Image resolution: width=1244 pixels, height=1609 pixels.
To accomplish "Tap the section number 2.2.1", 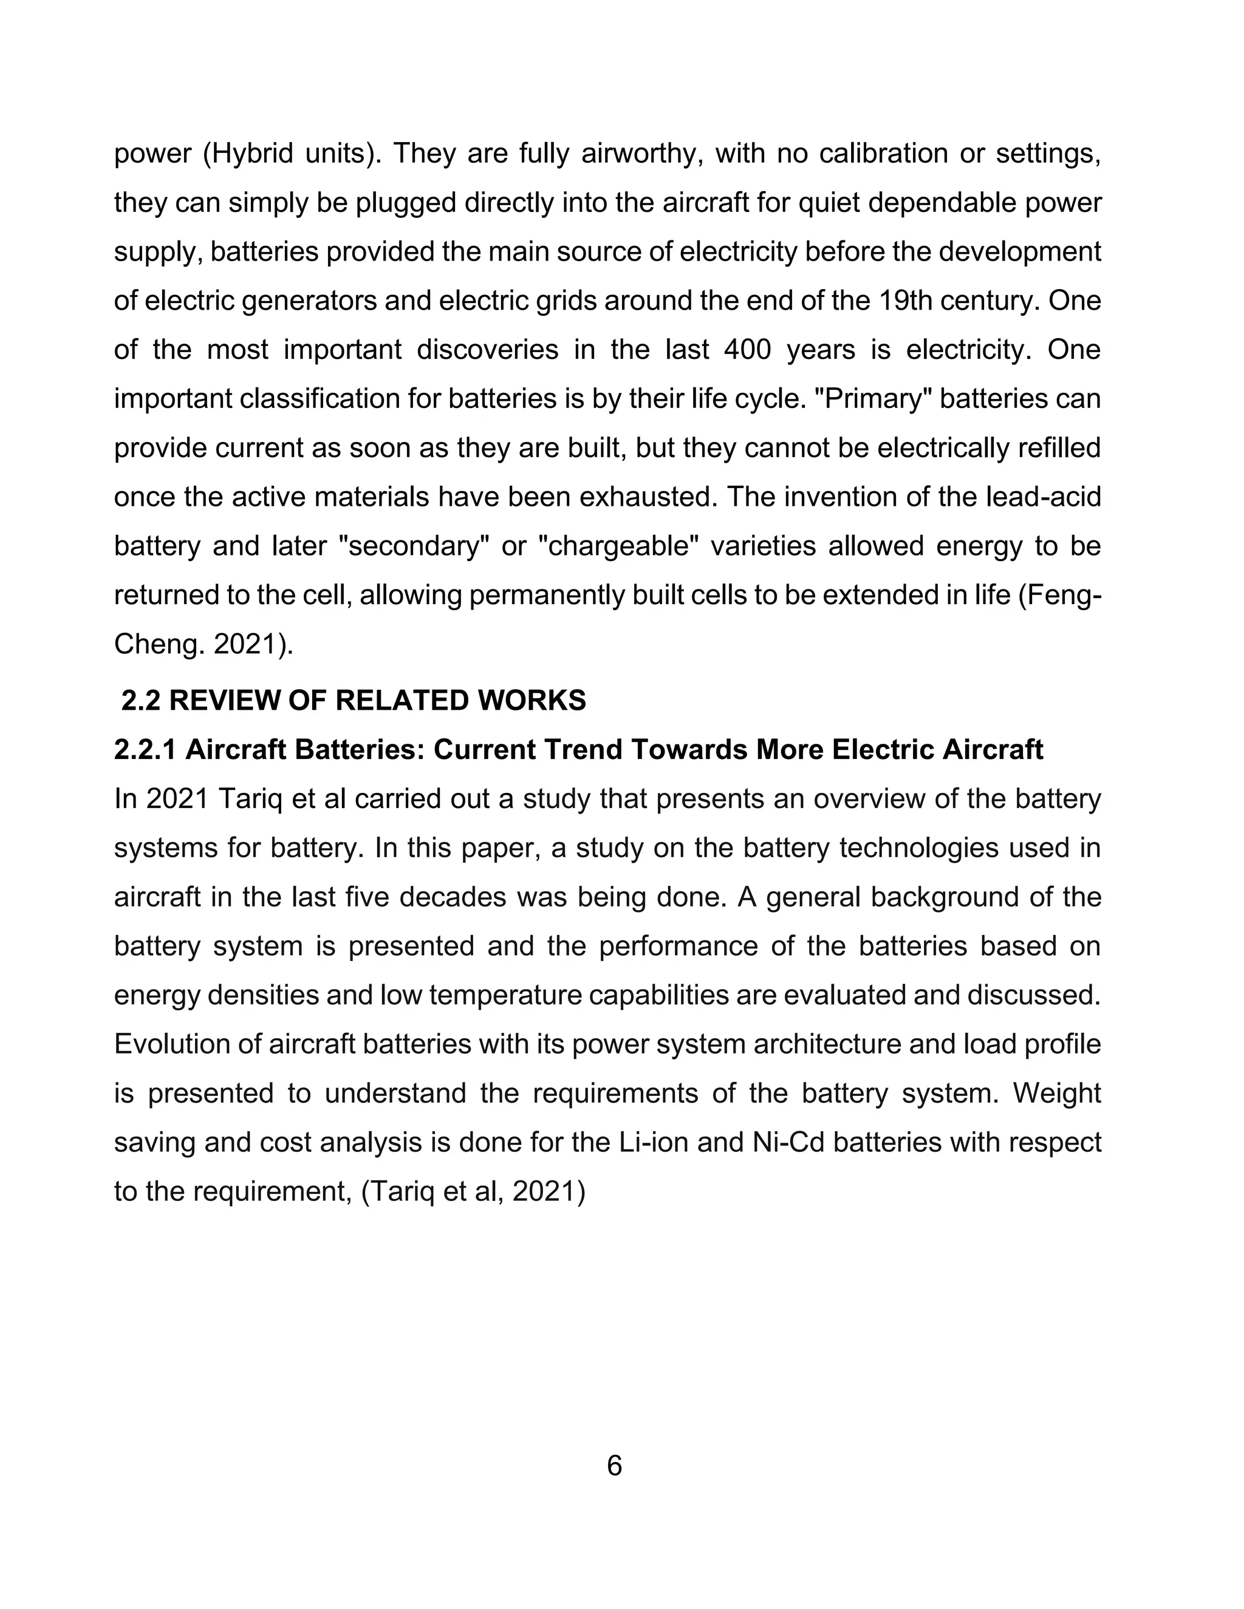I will tap(145, 749).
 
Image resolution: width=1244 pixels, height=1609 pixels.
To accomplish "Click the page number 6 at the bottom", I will tap(615, 1446).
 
